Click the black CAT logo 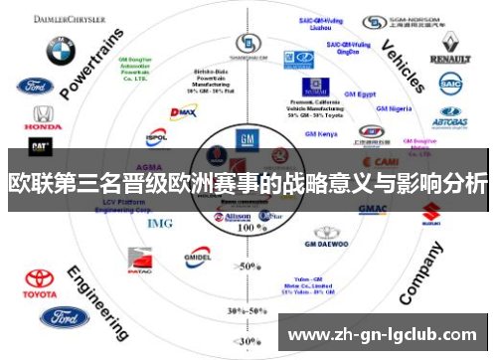tap(41, 146)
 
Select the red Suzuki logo tap(430, 212)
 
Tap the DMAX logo tap(184, 115)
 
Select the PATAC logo tap(139, 264)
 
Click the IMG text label tap(159, 223)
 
